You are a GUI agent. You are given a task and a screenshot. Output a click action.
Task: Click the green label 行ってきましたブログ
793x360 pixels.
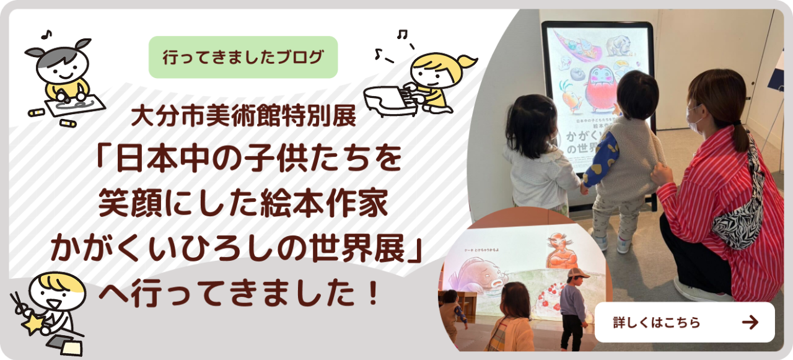[243, 58]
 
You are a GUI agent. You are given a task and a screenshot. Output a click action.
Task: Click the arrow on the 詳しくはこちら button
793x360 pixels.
[750, 322]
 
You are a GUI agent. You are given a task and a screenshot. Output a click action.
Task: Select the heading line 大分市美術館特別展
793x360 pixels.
[243, 117]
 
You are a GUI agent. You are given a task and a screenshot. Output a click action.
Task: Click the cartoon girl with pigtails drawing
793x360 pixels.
[61, 71]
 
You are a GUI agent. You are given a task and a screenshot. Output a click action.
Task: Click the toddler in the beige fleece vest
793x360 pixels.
[623, 155]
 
